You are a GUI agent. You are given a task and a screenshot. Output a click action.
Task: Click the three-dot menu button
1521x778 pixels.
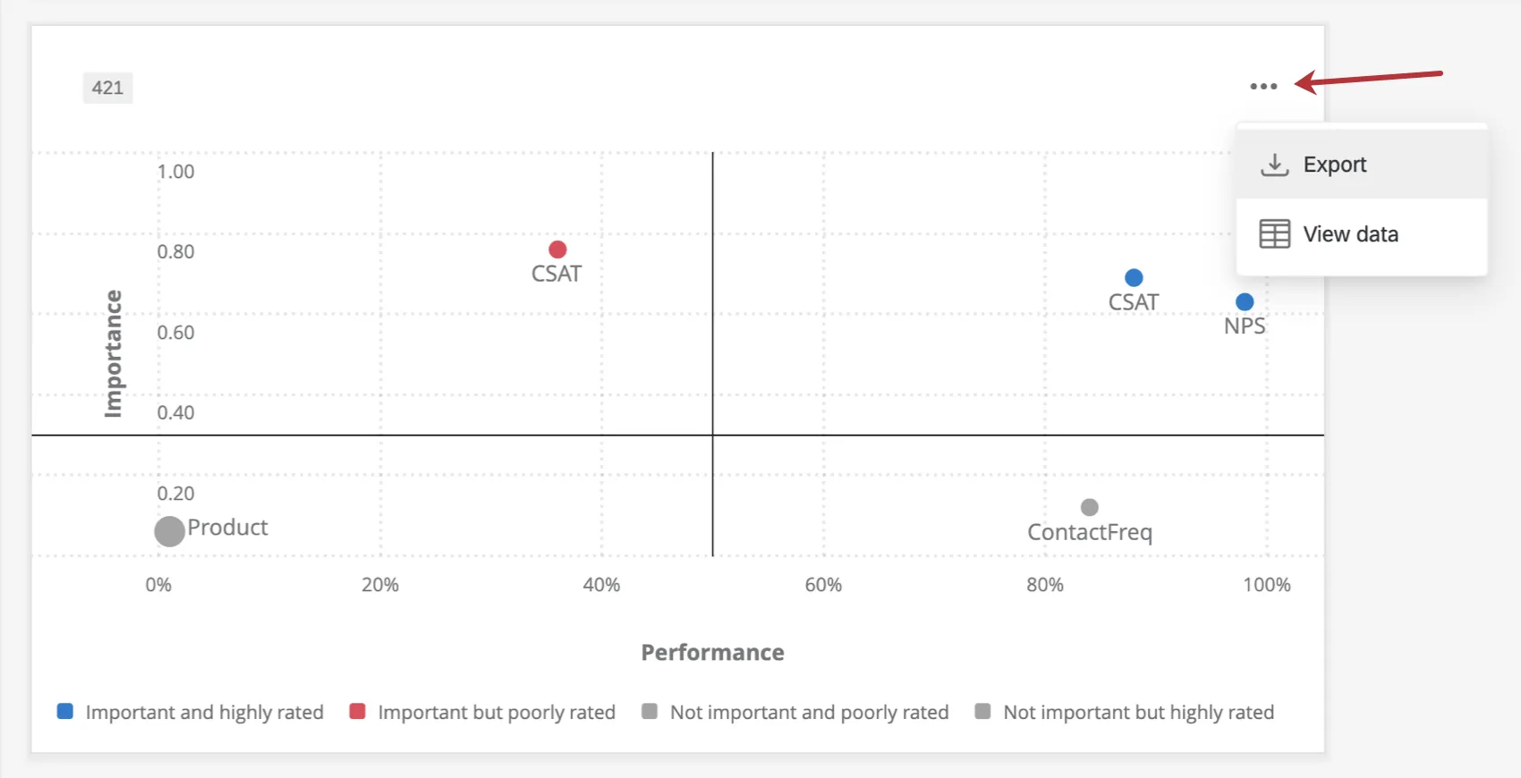pos(1263,87)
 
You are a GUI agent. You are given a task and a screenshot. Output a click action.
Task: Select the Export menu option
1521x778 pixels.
pos(1333,165)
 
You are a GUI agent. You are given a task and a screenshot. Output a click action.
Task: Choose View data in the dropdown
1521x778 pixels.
pos(1349,234)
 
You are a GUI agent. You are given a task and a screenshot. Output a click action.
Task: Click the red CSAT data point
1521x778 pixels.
pos(557,249)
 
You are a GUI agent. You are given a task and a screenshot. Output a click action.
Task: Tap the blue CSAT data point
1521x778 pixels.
pos(1134,278)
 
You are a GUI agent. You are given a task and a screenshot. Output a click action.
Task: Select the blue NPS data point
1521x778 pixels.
pos(1245,302)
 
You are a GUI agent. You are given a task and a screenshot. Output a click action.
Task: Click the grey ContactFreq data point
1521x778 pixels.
pos(1089,508)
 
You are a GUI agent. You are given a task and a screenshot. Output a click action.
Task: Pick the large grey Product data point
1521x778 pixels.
pos(169,531)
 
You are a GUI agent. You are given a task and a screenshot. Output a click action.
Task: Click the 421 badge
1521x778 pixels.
pos(107,88)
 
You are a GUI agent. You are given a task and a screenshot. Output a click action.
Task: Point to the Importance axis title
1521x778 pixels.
pos(113,353)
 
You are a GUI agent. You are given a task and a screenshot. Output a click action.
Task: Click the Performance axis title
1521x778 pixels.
pos(712,653)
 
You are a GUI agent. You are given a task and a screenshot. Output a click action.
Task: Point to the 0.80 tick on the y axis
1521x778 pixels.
pos(175,252)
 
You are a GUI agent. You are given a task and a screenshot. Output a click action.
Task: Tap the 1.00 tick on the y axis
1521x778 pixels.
pos(175,172)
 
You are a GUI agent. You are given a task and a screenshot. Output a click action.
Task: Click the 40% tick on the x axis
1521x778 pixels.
pos(601,585)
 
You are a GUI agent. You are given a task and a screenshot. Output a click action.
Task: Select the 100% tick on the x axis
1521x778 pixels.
pos(1266,585)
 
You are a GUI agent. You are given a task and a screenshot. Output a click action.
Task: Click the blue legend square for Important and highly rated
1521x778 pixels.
pos(65,712)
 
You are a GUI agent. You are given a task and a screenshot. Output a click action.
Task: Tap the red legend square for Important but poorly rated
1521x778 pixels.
pos(357,712)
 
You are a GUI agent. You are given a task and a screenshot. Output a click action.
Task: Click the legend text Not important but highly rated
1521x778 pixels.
pos(1138,713)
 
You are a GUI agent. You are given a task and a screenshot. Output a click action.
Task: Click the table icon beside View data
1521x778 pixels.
pos(1274,234)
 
